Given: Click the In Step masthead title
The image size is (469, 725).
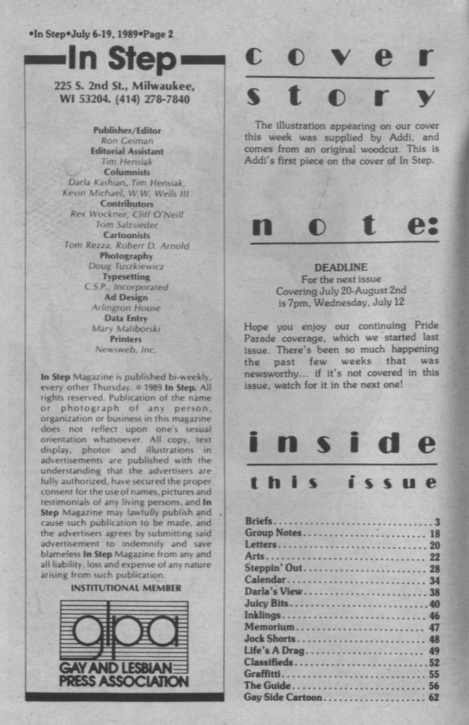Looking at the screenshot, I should tap(124, 60).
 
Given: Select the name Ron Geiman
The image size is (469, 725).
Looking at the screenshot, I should tap(127, 141).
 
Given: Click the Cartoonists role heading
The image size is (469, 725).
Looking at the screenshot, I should tap(127, 235).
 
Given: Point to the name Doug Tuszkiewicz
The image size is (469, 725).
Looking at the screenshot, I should tap(127, 267).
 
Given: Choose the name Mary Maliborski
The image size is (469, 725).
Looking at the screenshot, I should tap(127, 329).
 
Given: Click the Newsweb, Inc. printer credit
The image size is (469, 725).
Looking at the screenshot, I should tap(127, 350).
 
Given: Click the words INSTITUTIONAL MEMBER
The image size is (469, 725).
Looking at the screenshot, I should tap(126, 588).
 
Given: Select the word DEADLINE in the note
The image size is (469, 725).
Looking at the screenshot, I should tap(340, 268).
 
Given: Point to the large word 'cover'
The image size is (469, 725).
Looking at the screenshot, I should tap(340, 58).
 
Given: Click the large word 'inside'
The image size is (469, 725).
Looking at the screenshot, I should tap(342, 443).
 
